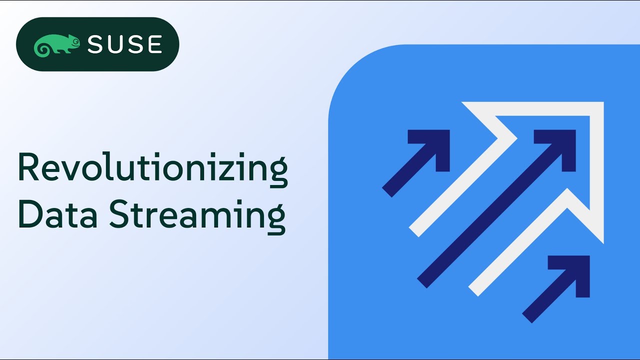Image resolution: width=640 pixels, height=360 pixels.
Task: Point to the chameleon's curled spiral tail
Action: [41, 48]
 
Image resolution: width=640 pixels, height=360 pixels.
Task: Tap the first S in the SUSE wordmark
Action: [96, 44]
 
